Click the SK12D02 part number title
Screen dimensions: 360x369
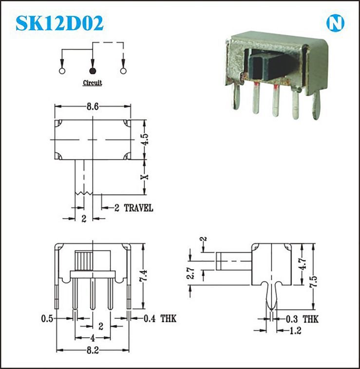[59, 23]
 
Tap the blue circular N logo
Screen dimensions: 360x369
[335, 23]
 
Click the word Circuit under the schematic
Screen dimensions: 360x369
[92, 83]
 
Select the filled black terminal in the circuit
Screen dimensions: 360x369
[93, 71]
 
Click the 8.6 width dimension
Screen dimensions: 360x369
[93, 107]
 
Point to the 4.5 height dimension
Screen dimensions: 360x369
[145, 140]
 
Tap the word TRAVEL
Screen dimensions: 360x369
[138, 208]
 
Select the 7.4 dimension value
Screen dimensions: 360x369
[143, 276]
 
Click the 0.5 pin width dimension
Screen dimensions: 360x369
[47, 319]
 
